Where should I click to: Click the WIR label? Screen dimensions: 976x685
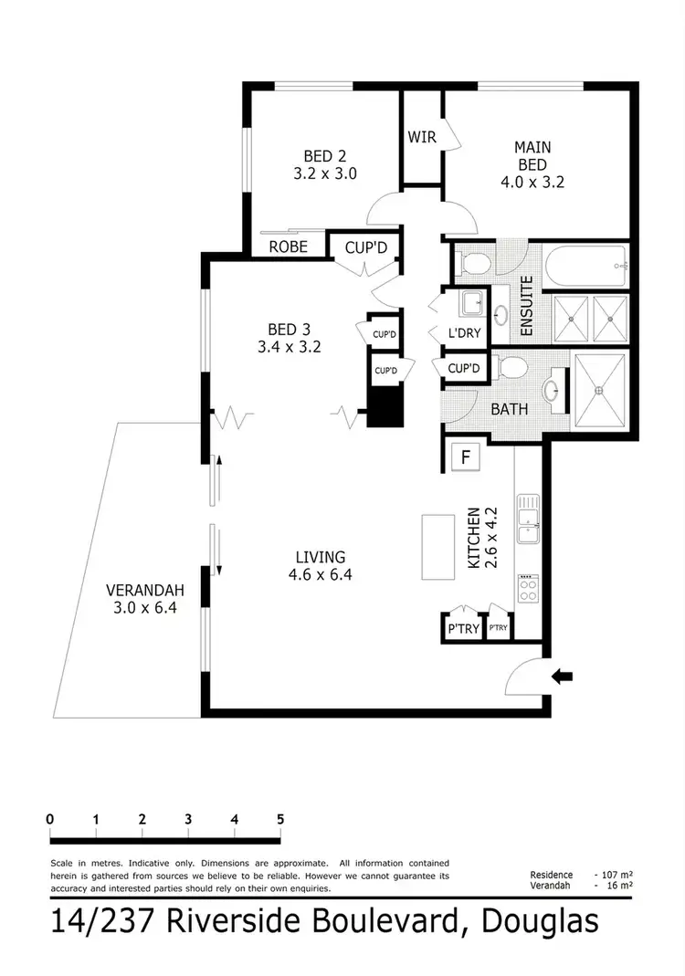tap(422, 137)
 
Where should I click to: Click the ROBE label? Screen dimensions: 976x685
tap(287, 247)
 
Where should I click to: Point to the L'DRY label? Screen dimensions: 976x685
tap(464, 333)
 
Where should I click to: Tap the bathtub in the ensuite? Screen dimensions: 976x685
tap(584, 266)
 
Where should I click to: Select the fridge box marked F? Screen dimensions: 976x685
tap(465, 457)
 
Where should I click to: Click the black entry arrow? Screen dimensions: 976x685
tap(564, 677)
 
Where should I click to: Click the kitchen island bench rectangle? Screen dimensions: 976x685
tap(437, 546)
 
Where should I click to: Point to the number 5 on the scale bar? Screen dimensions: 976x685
tap(280, 818)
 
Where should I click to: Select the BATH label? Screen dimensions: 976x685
tap(510, 410)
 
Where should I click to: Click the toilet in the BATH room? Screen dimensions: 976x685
tap(512, 369)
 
